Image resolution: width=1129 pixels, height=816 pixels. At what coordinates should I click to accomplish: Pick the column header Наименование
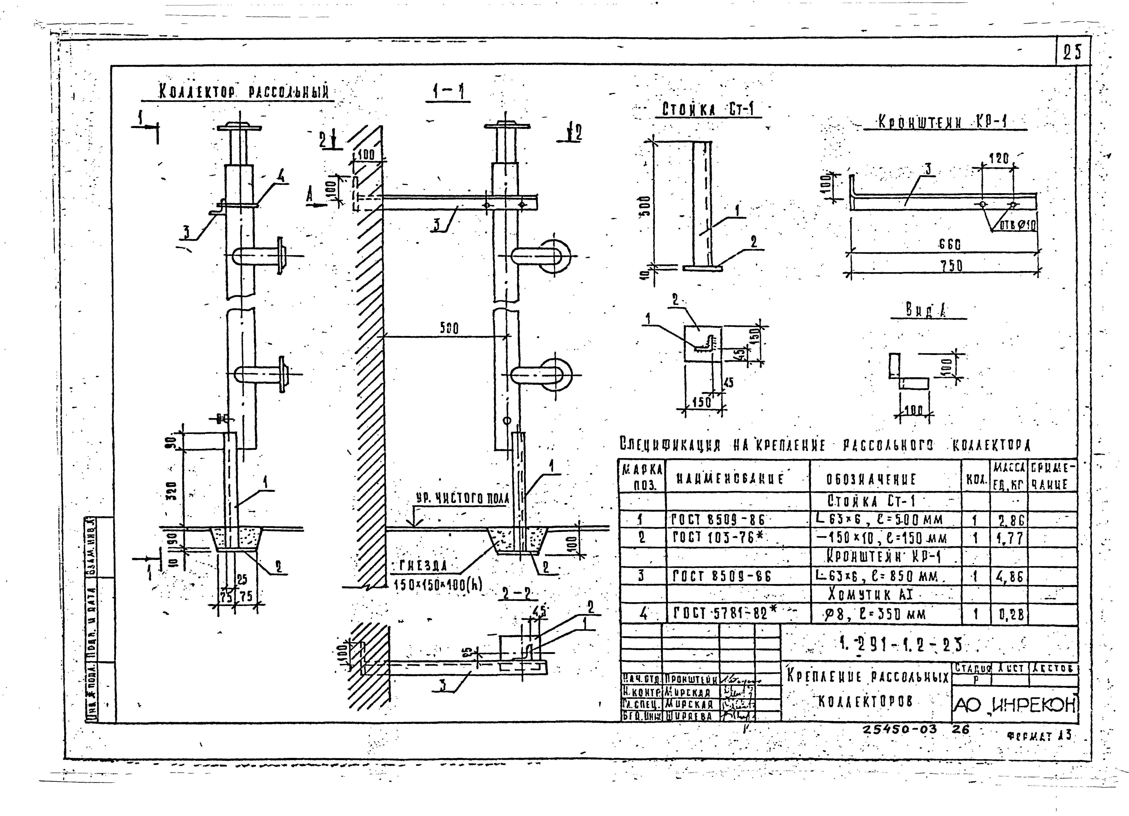(730, 479)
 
